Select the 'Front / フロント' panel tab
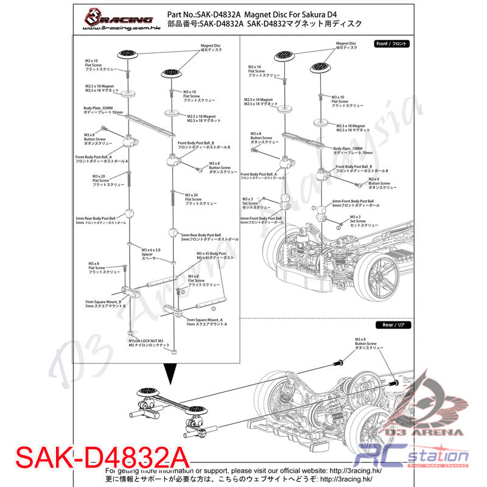pos(393,44)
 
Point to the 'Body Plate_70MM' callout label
pos(348,150)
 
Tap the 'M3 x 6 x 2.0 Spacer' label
pos(150,253)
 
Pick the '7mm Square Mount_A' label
pos(206,322)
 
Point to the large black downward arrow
pos(172,374)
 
